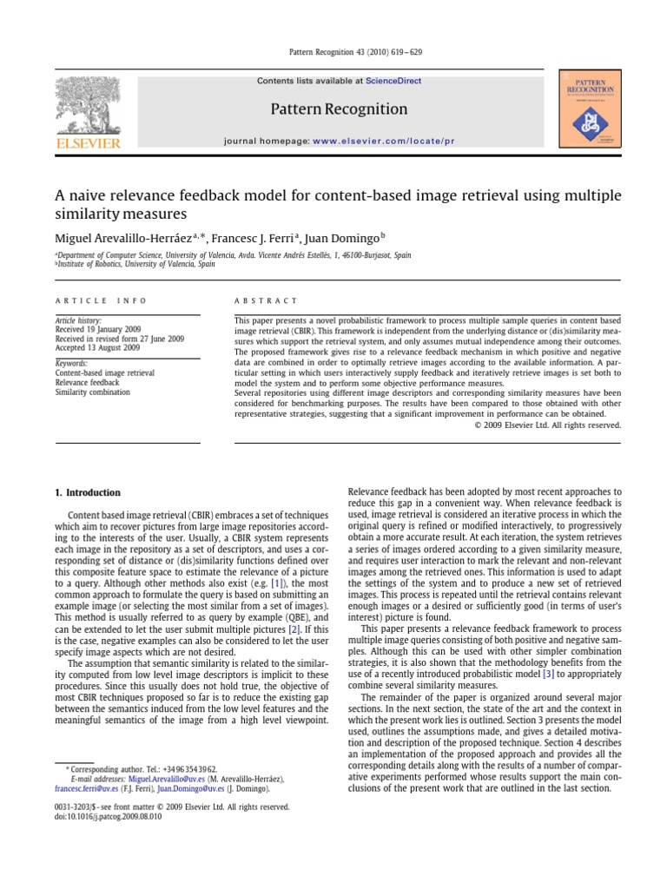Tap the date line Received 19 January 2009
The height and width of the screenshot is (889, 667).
pos(97,330)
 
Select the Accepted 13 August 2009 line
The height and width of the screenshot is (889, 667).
pos(96,347)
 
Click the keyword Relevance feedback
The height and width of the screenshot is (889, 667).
pos(87,382)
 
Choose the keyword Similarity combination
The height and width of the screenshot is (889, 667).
pos(92,392)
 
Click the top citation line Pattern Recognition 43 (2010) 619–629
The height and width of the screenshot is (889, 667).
pos(333,52)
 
